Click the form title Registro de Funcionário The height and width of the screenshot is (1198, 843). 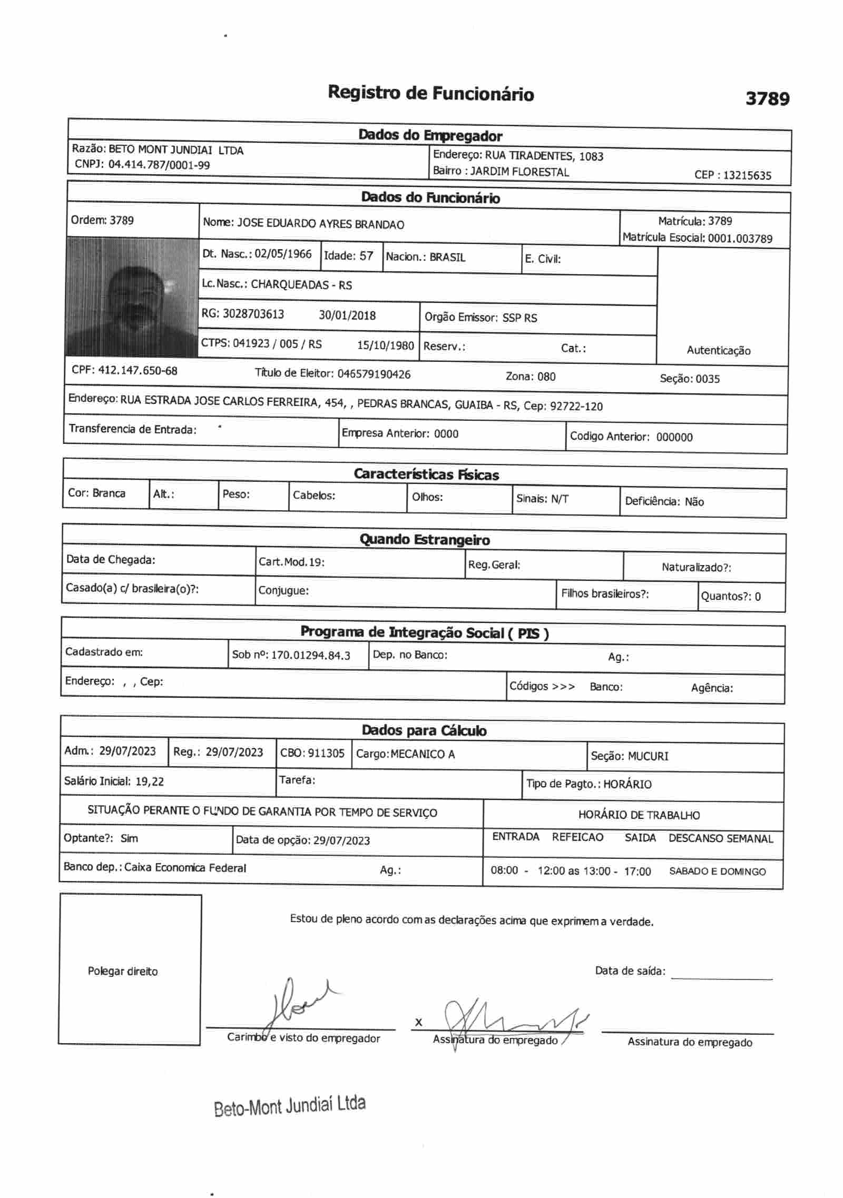tap(430, 94)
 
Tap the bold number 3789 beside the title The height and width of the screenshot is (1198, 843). tap(767, 98)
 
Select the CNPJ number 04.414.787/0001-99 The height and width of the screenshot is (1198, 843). tap(159, 165)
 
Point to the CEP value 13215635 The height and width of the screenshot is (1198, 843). tap(747, 175)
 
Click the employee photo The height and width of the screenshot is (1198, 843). tap(132, 298)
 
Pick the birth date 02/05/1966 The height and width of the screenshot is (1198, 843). tap(283, 254)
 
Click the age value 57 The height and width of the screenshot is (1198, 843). tap(366, 256)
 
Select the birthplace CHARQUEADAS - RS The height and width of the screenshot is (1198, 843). tap(301, 285)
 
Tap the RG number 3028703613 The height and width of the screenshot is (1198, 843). tap(253, 314)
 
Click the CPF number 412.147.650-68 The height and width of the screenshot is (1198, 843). tap(138, 370)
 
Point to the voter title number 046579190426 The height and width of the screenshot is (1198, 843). tap(374, 374)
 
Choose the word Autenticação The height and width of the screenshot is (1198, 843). tap(718, 351)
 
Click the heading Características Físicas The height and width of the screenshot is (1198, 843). tap(426, 474)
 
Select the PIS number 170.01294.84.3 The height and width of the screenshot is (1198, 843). tap(310, 656)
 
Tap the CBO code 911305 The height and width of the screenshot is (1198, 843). tap(326, 753)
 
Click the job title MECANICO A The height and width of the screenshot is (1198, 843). tap(423, 754)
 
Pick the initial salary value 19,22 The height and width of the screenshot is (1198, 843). tap(150, 781)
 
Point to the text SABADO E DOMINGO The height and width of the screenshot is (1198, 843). tap(717, 872)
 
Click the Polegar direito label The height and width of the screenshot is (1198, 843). tap(123, 971)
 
